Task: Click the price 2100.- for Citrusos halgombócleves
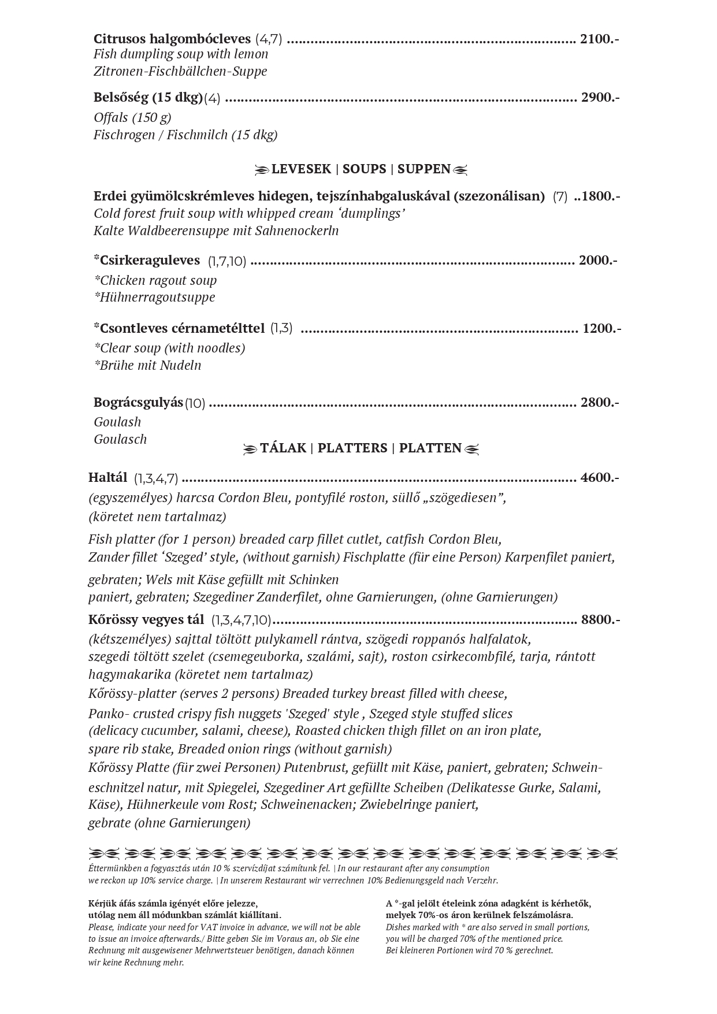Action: [x=599, y=39]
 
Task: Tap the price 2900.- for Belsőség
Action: [x=600, y=97]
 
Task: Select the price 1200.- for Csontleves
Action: [x=601, y=329]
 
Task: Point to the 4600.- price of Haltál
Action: [x=600, y=478]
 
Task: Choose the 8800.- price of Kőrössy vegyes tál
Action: [x=600, y=620]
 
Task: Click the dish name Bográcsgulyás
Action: [x=138, y=402]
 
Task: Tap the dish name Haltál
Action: [x=107, y=478]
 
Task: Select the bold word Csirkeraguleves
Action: [x=149, y=261]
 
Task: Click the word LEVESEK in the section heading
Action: [x=301, y=169]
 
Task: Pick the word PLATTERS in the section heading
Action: [x=352, y=448]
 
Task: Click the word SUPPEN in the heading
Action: [x=424, y=169]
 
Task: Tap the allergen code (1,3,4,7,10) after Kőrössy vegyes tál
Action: [x=241, y=621]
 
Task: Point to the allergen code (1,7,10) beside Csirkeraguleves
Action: [x=227, y=262]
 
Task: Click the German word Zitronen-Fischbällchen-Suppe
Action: [x=180, y=72]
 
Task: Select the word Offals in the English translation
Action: [x=111, y=118]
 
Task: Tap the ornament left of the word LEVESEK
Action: [x=262, y=170]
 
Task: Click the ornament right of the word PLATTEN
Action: [x=472, y=449]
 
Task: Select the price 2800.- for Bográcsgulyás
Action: [x=600, y=403]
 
